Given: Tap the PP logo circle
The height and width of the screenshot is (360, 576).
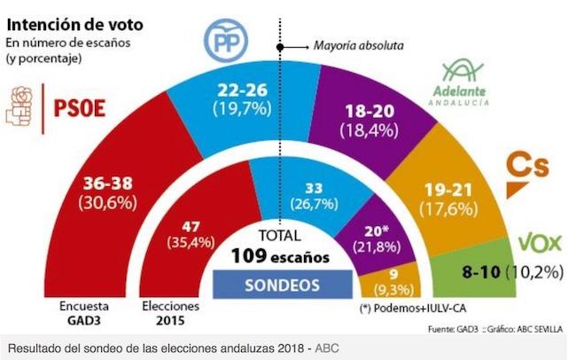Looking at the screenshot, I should pos(230,39).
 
